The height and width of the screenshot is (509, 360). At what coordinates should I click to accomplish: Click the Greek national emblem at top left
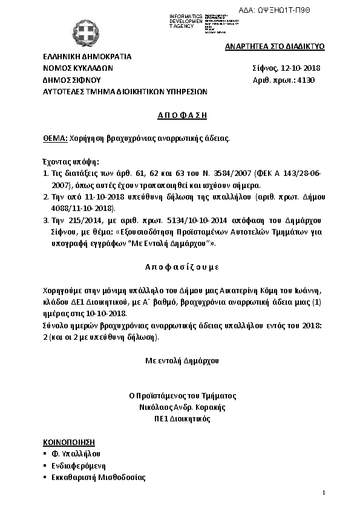click(x=91, y=34)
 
